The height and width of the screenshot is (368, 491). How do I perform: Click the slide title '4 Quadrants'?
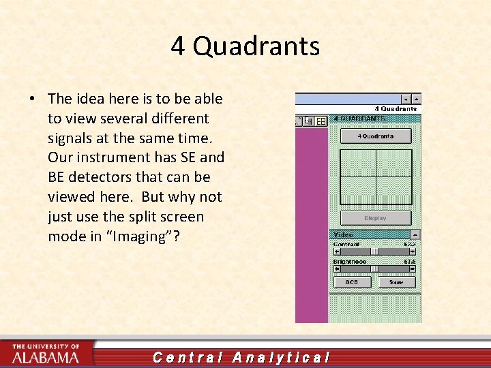point(245,46)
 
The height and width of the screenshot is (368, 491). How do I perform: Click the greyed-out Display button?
point(375,218)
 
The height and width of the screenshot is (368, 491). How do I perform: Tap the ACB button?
point(352,281)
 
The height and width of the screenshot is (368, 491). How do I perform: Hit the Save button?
point(396,281)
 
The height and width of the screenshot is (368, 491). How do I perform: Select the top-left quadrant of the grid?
point(358,164)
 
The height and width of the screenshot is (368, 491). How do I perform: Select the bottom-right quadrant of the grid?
point(393,190)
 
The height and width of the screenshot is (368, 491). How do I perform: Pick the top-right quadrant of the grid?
point(393,164)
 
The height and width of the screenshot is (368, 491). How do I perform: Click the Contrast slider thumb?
point(374,251)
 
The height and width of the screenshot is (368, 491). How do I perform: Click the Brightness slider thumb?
point(374,269)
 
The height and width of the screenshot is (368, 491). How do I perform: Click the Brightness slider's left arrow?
point(336,269)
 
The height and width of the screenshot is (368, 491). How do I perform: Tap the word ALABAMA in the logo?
point(45,357)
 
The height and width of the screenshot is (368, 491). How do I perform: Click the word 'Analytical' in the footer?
point(282,357)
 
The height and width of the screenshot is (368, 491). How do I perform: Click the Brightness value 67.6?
point(409,261)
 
